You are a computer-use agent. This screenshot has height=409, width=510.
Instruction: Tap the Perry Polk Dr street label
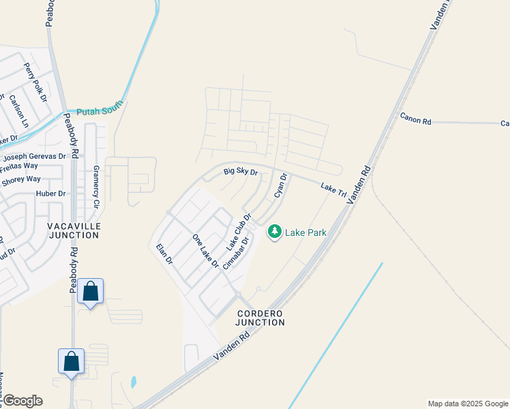pyautogui.click(x=35, y=82)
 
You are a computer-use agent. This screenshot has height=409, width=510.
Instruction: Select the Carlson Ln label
pyautogui.click(x=18, y=110)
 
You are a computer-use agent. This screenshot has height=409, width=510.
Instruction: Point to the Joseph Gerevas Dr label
pyautogui.click(x=35, y=156)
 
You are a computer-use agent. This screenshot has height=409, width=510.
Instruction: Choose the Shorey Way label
pyautogui.click(x=21, y=180)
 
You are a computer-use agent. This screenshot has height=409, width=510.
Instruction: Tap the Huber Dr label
pyautogui.click(x=50, y=194)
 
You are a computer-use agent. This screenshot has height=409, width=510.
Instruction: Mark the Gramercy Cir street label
pyautogui.click(x=96, y=186)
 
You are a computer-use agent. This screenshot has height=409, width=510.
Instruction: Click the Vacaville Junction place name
pyautogui.click(x=74, y=230)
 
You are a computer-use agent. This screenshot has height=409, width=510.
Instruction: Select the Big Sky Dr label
pyautogui.click(x=241, y=172)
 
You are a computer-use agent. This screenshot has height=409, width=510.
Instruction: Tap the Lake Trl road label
pyautogui.click(x=334, y=190)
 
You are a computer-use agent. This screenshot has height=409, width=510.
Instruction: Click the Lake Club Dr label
pyautogui.click(x=239, y=231)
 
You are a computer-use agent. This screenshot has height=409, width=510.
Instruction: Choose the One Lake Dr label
pyautogui.click(x=205, y=251)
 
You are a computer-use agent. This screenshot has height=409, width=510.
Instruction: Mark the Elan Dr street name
pyautogui.click(x=164, y=254)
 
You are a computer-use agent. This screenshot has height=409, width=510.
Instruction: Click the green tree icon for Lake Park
pyautogui.click(x=275, y=232)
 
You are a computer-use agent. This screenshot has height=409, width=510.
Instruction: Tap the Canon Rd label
pyautogui.click(x=416, y=118)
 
